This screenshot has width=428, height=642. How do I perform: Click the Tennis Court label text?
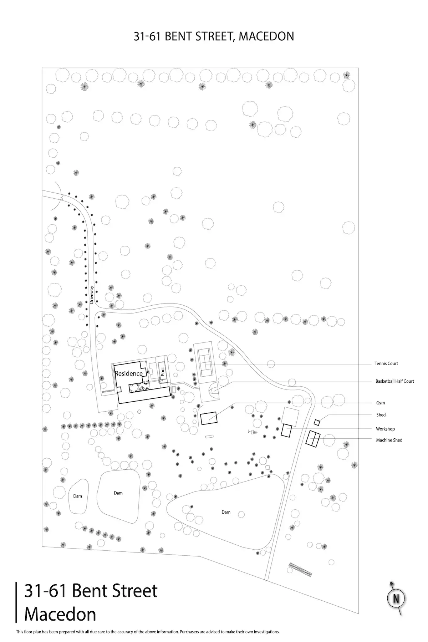pyautogui.click(x=386, y=363)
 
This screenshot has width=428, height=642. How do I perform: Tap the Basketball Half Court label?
pyautogui.click(x=394, y=381)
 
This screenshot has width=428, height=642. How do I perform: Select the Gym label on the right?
pyautogui.click(x=381, y=403)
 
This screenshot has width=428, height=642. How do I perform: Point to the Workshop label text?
pyautogui.click(x=385, y=429)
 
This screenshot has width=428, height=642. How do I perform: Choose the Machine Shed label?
pyautogui.click(x=389, y=440)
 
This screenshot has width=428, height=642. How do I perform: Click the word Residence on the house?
pyautogui.click(x=129, y=373)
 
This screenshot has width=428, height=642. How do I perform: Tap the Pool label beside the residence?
pyautogui.click(x=162, y=372)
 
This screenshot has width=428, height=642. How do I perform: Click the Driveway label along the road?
pyautogui.click(x=92, y=295)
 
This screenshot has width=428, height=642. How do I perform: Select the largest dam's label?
pyautogui.click(x=226, y=512)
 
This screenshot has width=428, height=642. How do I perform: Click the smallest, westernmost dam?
pyautogui.click(x=78, y=496)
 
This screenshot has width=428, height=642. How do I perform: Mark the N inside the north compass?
pyautogui.click(x=396, y=598)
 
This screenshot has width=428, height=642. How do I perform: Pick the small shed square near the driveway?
pyautogui.click(x=317, y=422)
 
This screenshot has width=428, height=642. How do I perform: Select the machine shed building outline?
pyautogui.click(x=313, y=439)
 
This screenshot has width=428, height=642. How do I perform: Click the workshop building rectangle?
pyautogui.click(x=286, y=430)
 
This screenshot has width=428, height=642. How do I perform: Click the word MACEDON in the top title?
pyautogui.click(x=266, y=36)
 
